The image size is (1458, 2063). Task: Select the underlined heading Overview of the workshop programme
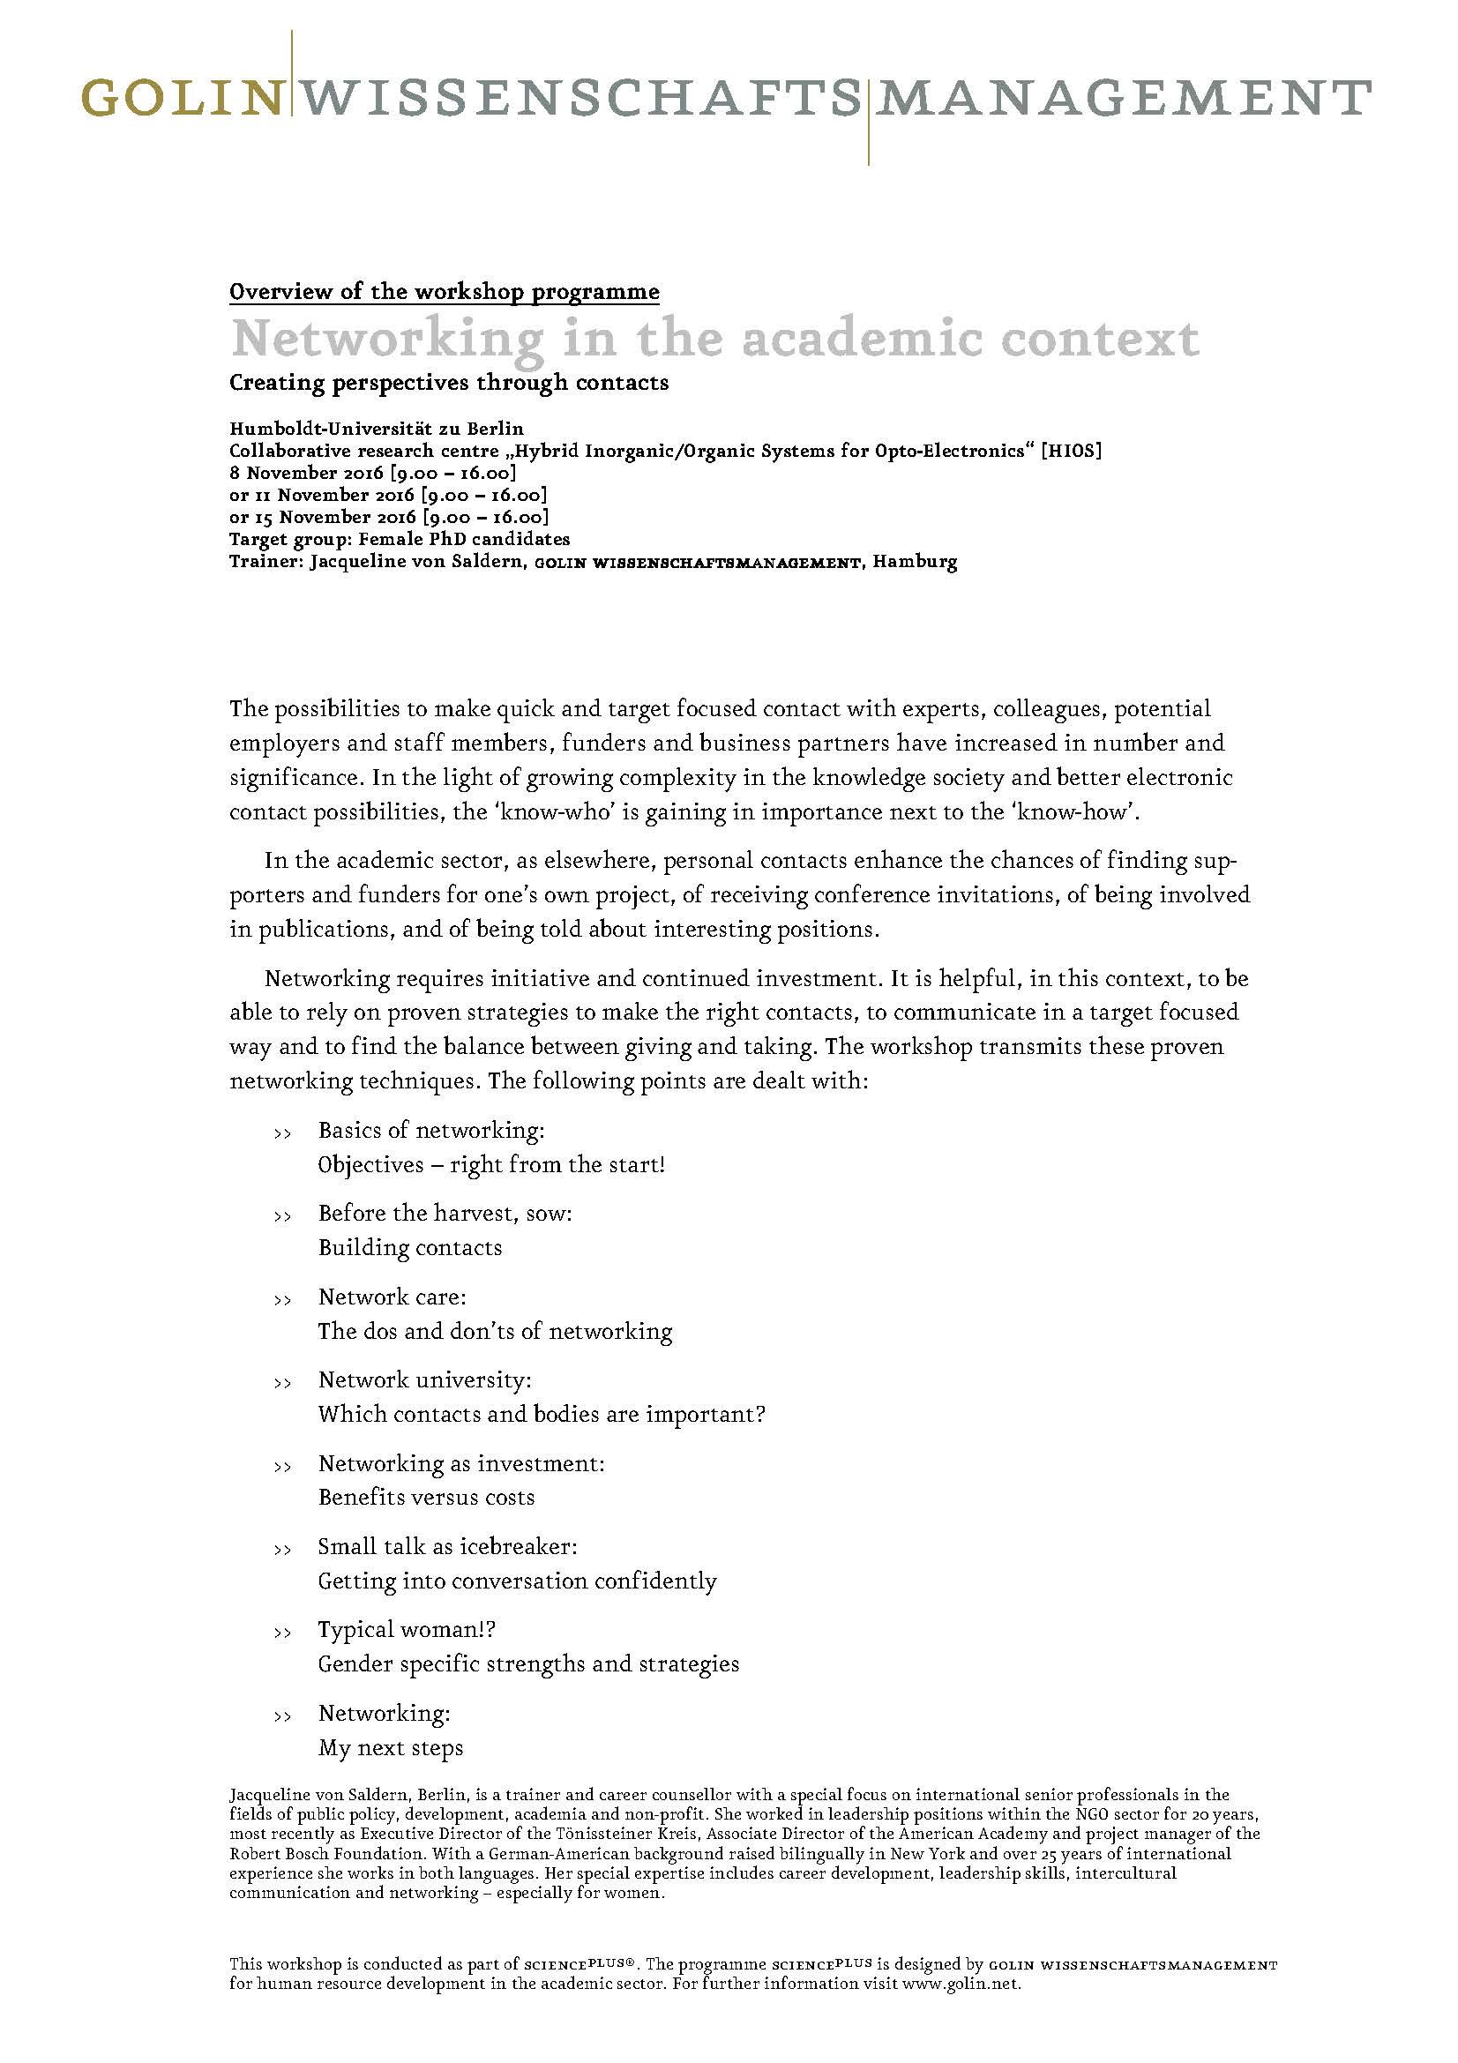(x=444, y=292)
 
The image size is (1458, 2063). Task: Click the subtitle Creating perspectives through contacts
(x=448, y=383)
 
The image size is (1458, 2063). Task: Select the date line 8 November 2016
(x=373, y=474)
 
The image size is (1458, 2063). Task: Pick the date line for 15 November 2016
(x=389, y=518)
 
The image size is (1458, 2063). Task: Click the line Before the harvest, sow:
(x=445, y=1213)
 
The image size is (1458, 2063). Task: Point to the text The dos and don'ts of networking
(x=495, y=1331)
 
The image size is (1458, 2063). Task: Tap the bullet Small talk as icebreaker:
(x=447, y=1547)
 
